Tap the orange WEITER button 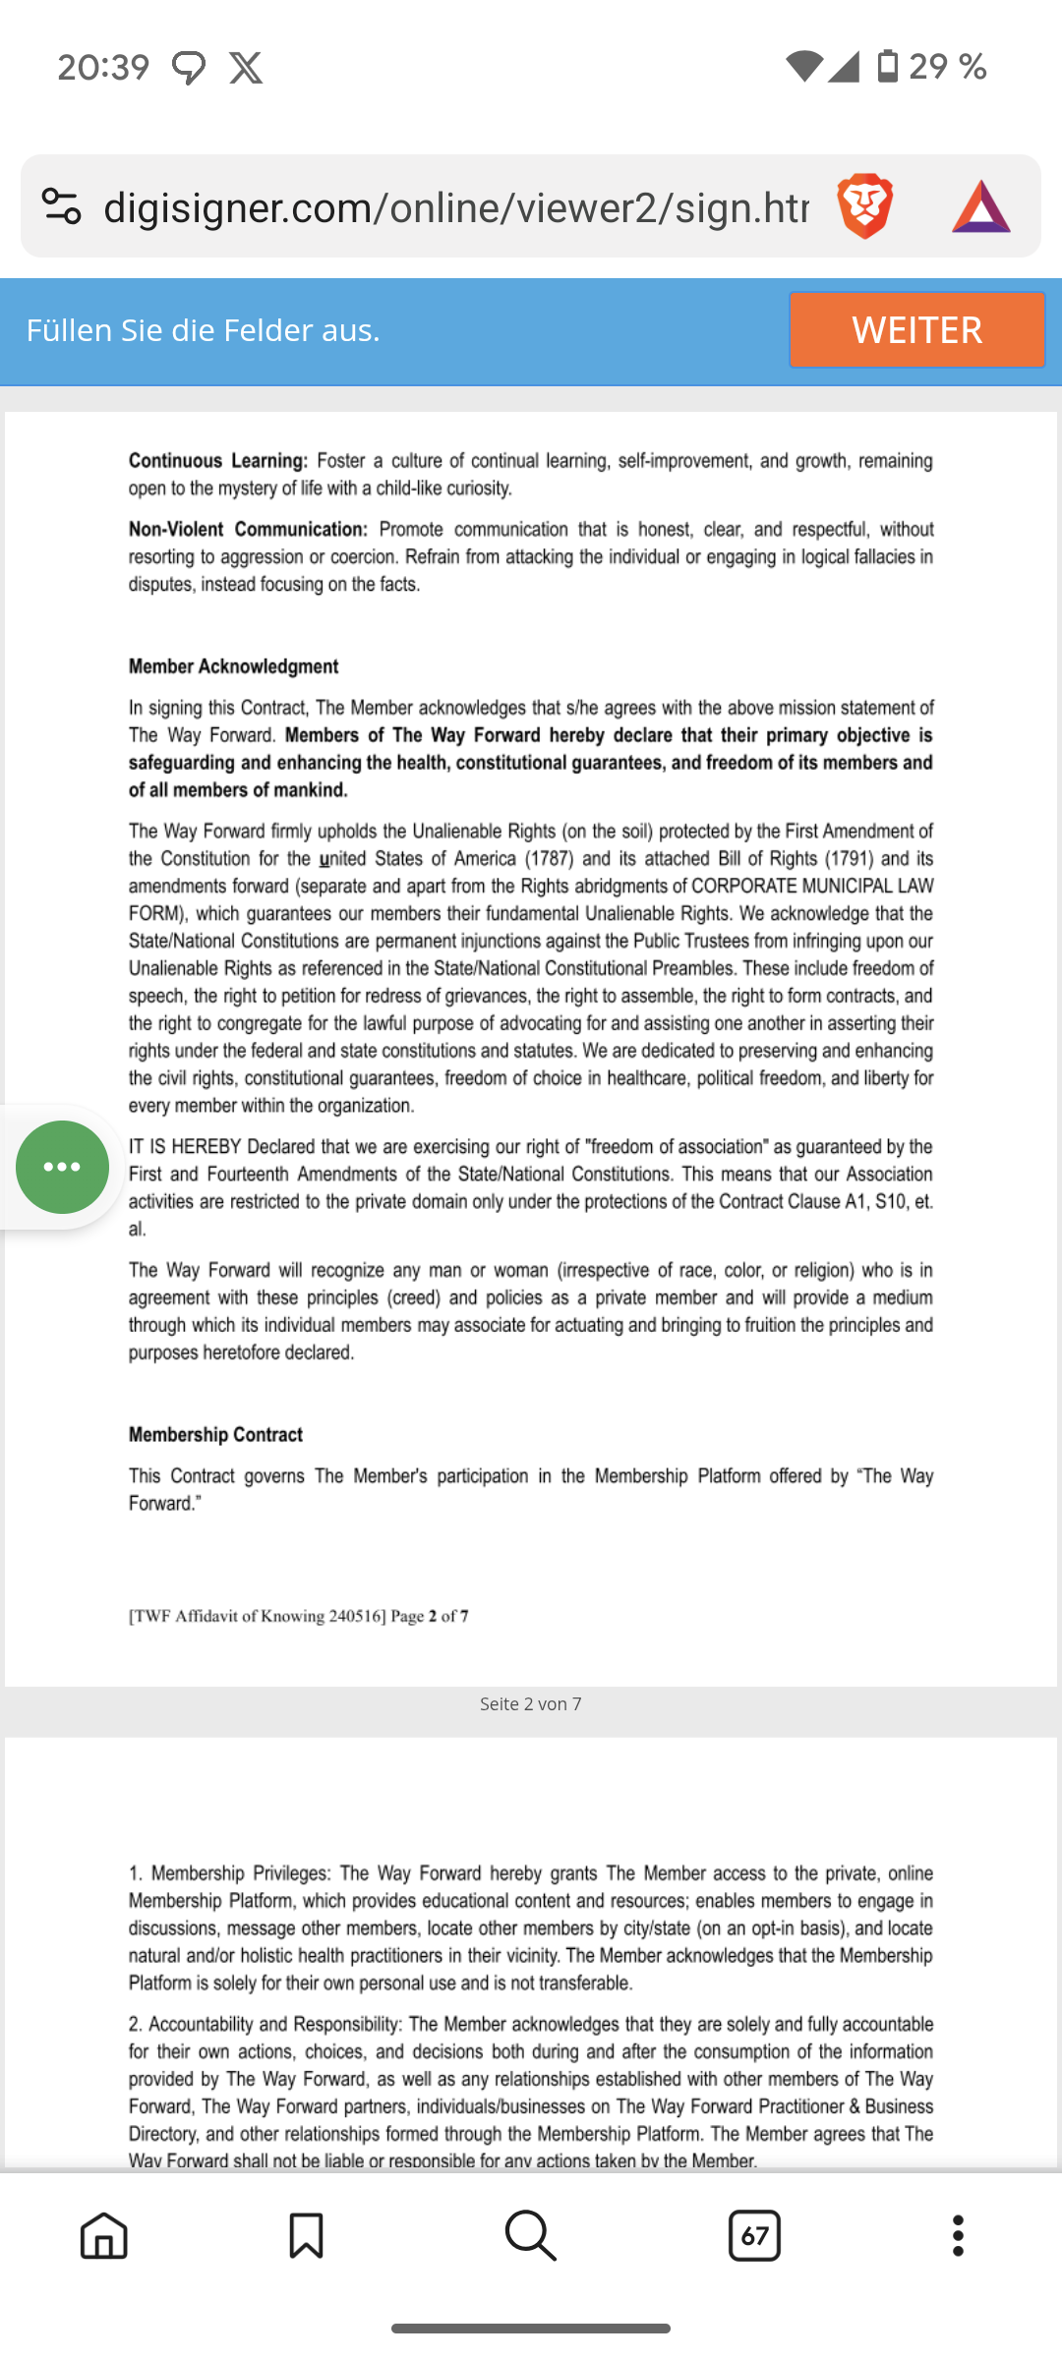915,330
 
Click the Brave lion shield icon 864,206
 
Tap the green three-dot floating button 62,1167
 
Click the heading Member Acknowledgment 233,666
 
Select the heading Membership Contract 215,1435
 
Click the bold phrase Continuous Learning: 218,461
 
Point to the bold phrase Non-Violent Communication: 248,530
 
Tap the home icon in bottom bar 104,2236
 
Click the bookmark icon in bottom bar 306,2236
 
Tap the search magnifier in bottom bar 530,2236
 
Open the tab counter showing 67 754,2236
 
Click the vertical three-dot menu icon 958,2236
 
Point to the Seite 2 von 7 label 530,1704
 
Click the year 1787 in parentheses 549,859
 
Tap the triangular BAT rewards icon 980,206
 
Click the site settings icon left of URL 61,206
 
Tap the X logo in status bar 246,68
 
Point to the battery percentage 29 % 947,67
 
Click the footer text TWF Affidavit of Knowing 258,1617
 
